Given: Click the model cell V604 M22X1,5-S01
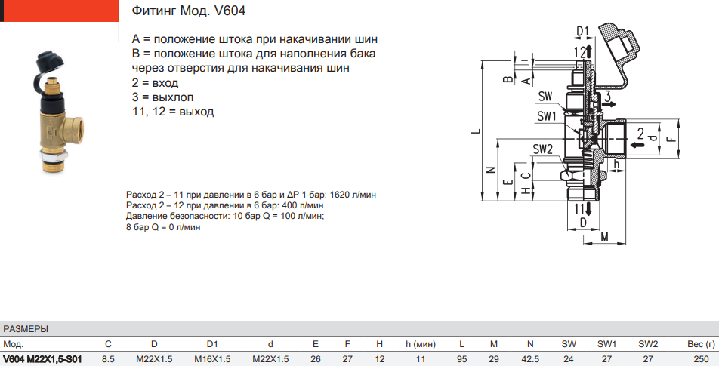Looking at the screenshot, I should coord(42,359).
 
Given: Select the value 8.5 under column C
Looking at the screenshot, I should coord(108,359).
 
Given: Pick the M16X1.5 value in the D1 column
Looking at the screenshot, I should coord(212,359).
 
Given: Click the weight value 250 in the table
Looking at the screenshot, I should coord(701,359).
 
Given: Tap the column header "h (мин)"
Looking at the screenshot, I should coord(421,344).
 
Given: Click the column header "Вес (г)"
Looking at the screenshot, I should coord(696,344).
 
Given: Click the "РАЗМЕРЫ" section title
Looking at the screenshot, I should coord(26,329).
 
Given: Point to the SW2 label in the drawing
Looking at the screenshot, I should coord(543,149).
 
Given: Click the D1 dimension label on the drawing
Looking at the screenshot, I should coord(582,30).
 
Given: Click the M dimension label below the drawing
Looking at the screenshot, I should coord(605,238).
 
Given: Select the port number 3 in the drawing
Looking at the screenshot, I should coord(606,96).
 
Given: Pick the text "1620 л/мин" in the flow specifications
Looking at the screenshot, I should coord(352,195).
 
